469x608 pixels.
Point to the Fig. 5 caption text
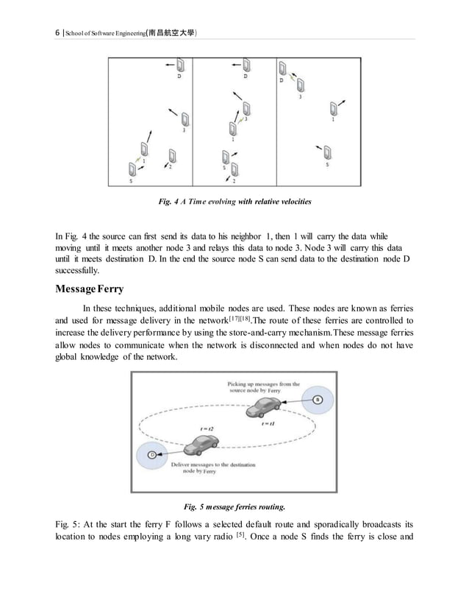coord(234,506)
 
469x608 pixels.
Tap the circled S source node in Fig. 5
coord(317,399)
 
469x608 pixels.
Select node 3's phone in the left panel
coord(185,119)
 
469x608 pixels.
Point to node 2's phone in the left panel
coord(172,155)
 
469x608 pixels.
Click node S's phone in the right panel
coord(328,152)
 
